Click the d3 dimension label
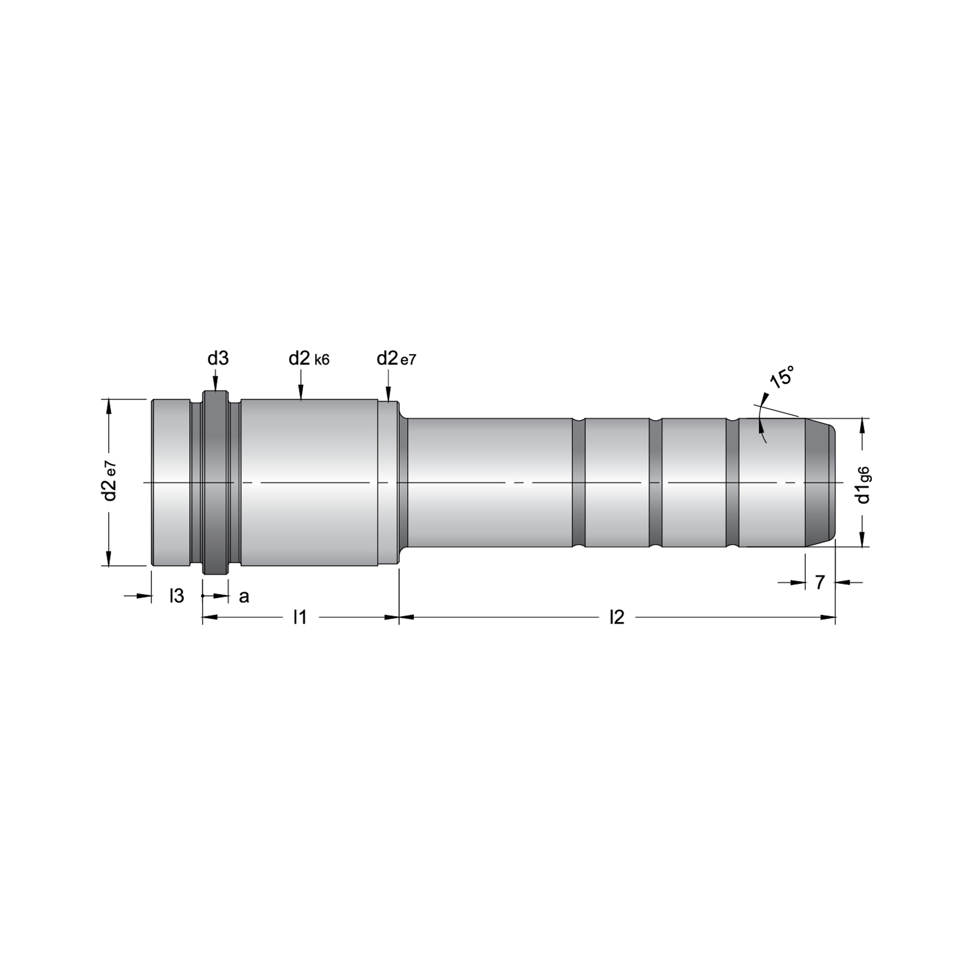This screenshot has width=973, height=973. pos(218,359)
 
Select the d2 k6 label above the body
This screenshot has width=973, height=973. pos(309,359)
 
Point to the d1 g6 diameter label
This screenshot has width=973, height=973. pos(863,485)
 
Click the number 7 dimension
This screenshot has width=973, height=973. pos(820,582)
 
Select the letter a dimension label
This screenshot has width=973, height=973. pos(244,597)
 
